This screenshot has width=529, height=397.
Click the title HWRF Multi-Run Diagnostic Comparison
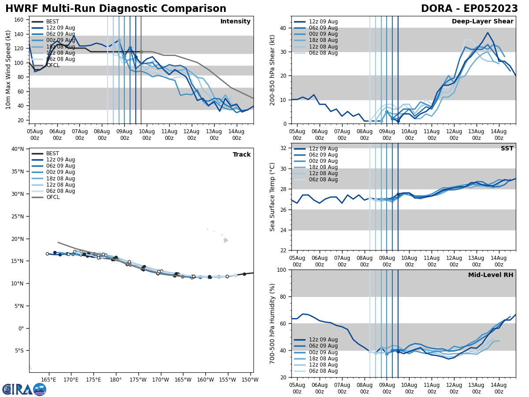click(115, 9)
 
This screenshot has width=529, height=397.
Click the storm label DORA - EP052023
click(469, 9)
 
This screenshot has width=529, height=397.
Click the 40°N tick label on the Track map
click(18, 149)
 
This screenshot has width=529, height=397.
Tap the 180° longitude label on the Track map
click(115, 379)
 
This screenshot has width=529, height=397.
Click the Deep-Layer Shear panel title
click(482, 22)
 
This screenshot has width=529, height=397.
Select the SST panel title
click(507, 149)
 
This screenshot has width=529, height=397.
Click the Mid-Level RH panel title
click(491, 275)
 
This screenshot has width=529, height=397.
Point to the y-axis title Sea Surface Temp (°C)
click(272, 197)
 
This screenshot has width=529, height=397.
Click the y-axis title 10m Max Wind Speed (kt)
click(8, 70)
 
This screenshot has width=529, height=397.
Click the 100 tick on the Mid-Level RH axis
click(282, 270)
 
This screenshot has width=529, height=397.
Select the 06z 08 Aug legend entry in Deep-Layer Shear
click(324, 53)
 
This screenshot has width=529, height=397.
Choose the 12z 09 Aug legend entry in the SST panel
click(324, 149)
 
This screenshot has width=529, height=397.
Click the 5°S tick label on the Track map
click(19, 351)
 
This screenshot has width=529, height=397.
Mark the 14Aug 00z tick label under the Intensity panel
click(237, 135)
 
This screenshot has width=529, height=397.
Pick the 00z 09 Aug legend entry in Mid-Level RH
click(324, 352)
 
